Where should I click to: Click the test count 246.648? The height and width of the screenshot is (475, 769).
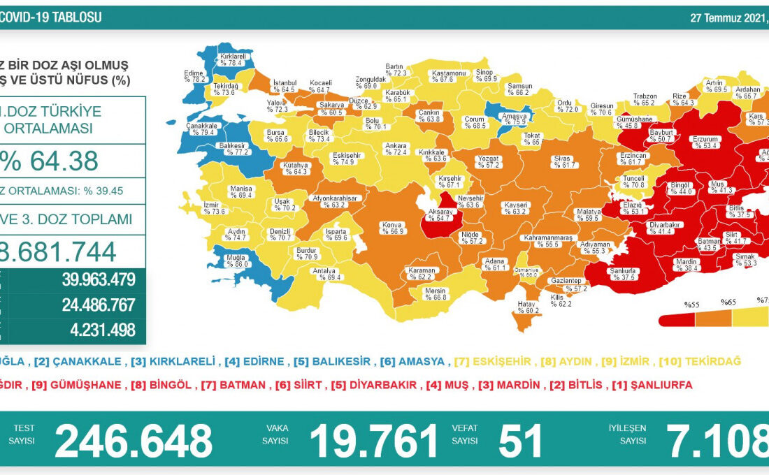pos(134,441)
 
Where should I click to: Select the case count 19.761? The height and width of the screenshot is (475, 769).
pos(374,441)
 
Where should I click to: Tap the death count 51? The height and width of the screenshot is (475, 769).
pos(521,441)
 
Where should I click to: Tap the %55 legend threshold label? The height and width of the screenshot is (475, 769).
pos(692,305)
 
